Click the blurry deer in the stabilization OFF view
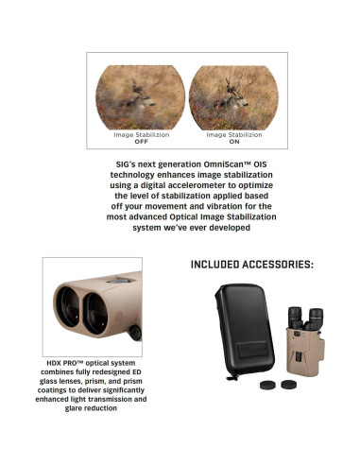(x=141, y=97)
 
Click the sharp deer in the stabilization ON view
(x=226, y=95)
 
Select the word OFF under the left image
(x=143, y=141)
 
